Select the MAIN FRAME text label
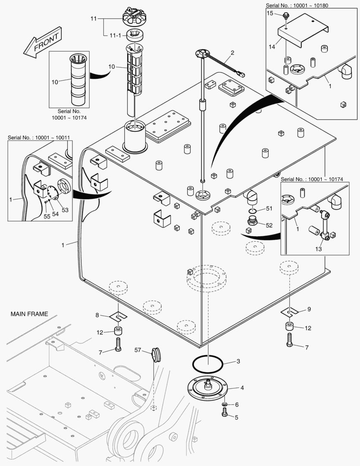pyautogui.click(x=29, y=314)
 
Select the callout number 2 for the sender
pyautogui.click(x=232, y=53)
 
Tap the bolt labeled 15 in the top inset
pyautogui.click(x=286, y=16)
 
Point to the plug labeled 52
pyautogui.click(x=254, y=222)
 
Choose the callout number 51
pyautogui.click(x=269, y=208)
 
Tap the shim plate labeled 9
pyautogui.click(x=290, y=311)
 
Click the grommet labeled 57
pyautogui.click(x=156, y=355)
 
